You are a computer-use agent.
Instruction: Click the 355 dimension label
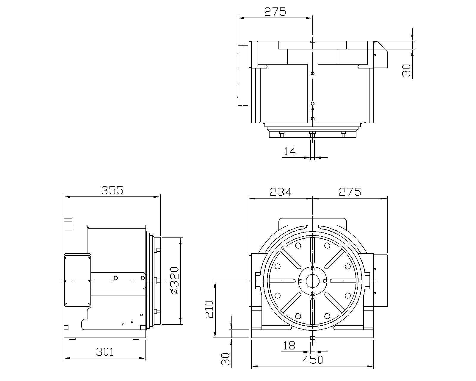(x=112, y=190)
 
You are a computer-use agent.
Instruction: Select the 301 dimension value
(x=105, y=352)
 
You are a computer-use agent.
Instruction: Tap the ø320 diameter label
(x=175, y=281)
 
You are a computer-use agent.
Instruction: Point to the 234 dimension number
(x=281, y=192)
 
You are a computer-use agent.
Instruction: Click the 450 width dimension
(x=313, y=360)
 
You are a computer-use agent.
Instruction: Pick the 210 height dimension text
(x=209, y=309)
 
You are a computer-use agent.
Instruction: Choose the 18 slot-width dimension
(x=289, y=346)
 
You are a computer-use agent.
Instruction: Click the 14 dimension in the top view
(x=289, y=152)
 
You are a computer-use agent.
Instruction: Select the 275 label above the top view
(x=275, y=12)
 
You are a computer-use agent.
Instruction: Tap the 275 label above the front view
(x=350, y=192)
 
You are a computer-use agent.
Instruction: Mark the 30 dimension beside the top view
(x=406, y=71)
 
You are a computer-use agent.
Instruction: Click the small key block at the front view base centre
(x=313, y=338)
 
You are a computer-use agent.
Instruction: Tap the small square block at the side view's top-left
(x=68, y=224)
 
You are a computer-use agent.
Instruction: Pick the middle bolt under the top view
(x=312, y=134)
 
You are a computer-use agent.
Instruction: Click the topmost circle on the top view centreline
(x=313, y=73)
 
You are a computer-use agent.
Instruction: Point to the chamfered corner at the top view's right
(x=381, y=46)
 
